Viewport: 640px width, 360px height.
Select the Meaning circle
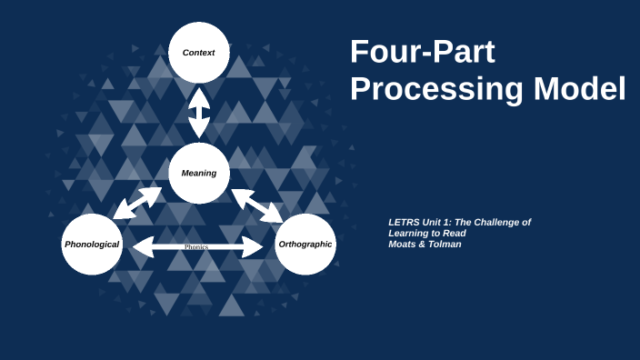point(198,173)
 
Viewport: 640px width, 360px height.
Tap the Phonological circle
point(92,245)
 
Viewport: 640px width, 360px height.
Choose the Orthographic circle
point(305,245)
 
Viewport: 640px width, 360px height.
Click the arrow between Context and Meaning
point(198,111)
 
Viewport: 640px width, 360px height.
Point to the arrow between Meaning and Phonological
point(138,202)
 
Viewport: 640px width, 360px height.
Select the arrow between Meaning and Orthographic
point(257,205)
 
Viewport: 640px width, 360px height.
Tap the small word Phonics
point(197,246)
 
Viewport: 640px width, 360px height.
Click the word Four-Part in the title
point(423,52)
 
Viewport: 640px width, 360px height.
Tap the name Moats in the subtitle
point(404,244)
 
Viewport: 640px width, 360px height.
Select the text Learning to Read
point(426,233)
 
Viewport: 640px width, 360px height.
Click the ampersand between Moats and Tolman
point(424,244)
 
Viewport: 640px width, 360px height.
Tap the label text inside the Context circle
point(198,53)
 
